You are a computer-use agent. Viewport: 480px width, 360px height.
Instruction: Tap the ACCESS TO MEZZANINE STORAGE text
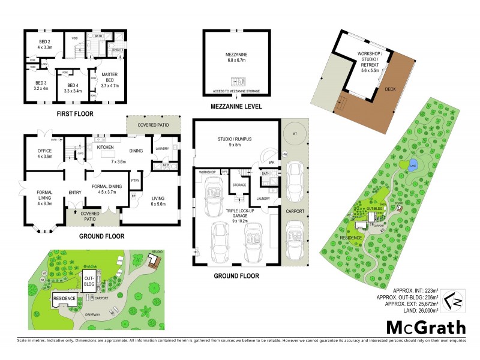[235, 92]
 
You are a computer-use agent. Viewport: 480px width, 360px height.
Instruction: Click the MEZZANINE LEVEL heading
[235, 107]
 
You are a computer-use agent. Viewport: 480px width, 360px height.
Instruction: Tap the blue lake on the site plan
[413, 167]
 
